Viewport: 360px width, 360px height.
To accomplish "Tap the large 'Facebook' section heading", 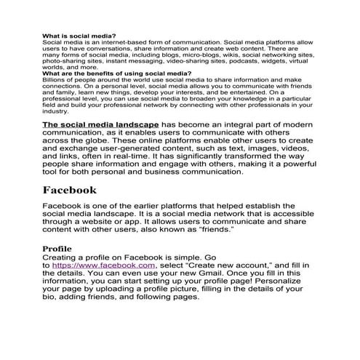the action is [79, 190].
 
